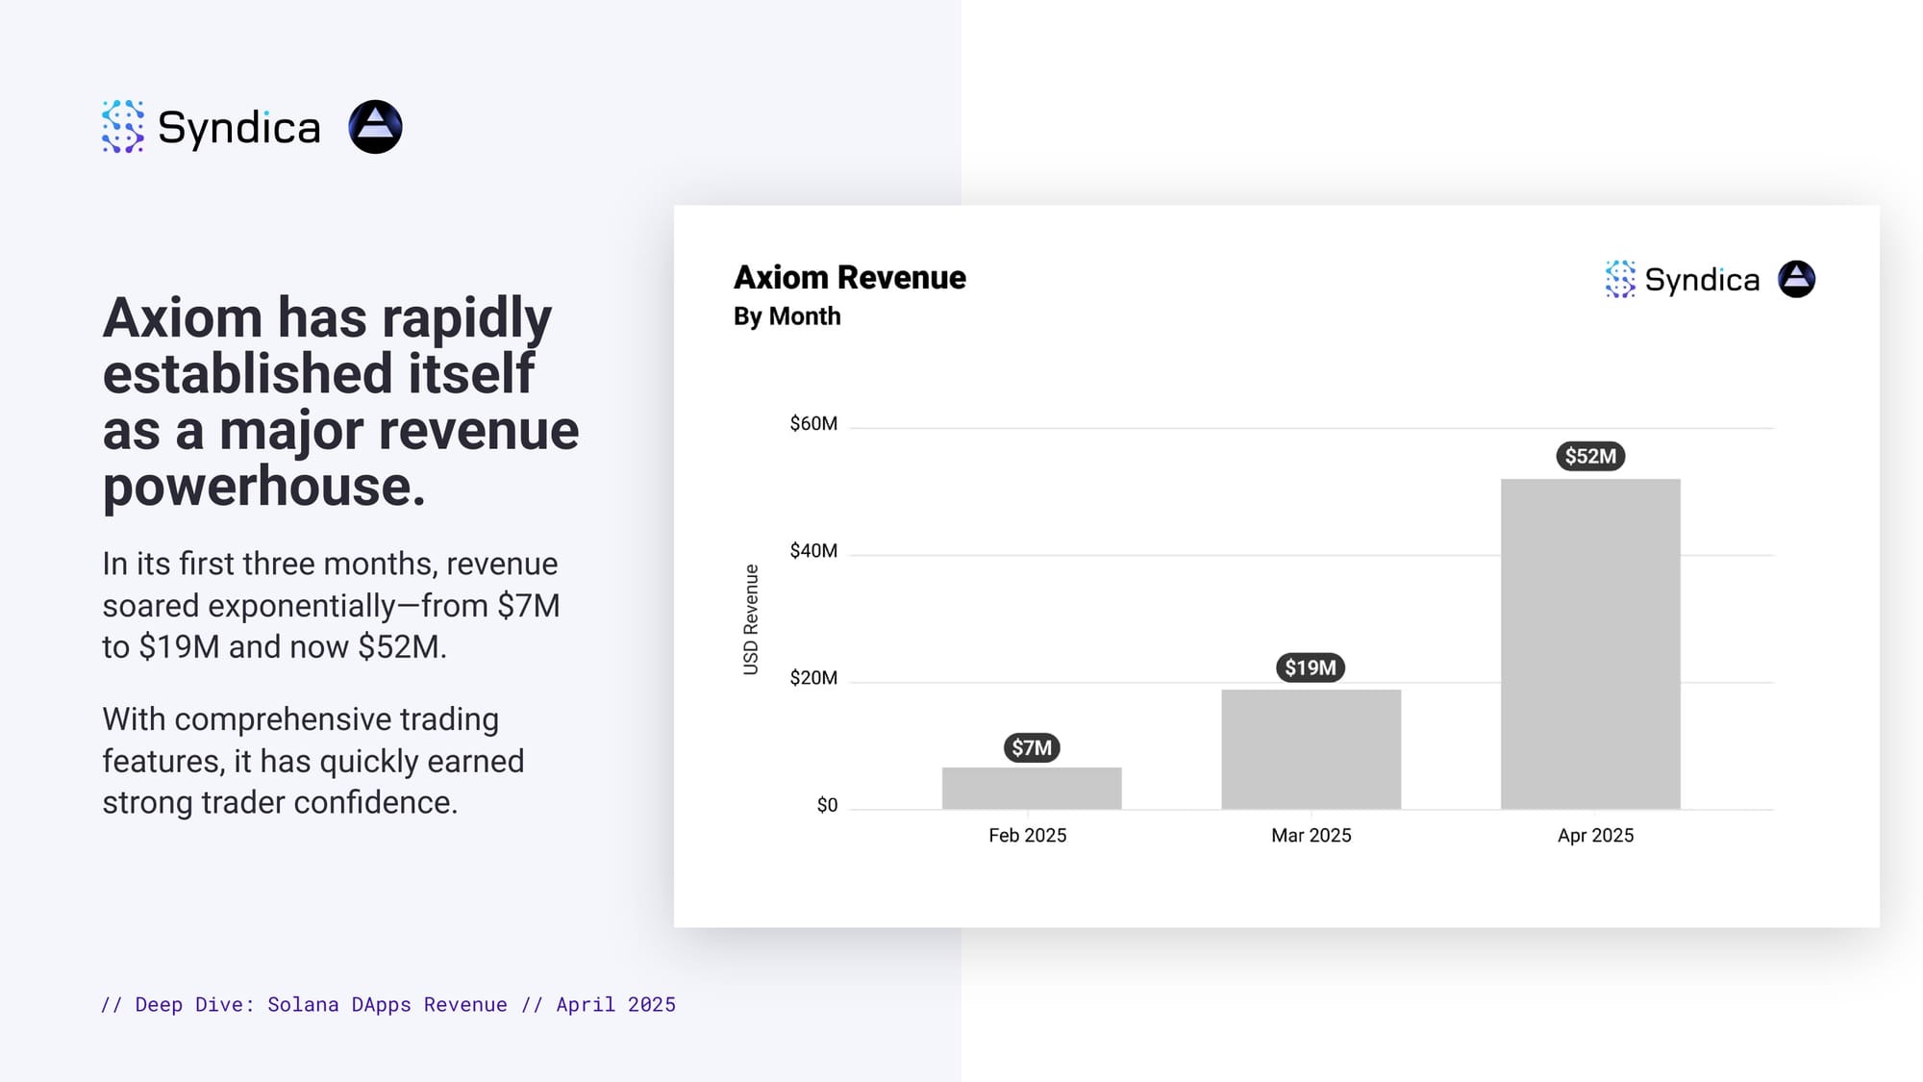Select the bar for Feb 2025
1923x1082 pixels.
point(1031,788)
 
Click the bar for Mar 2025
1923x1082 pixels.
point(1311,749)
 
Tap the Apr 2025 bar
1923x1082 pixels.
point(1590,643)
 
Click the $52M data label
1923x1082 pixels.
point(1590,456)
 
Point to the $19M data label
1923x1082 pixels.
point(1311,667)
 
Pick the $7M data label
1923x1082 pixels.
point(1031,747)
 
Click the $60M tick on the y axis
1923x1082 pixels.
point(813,424)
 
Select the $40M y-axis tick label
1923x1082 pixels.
point(813,551)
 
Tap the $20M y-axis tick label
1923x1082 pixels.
point(813,678)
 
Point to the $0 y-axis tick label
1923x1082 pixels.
point(827,805)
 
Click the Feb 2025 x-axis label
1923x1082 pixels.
point(1027,835)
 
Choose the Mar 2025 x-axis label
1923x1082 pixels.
point(1311,835)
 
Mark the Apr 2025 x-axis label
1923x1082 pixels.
point(1595,835)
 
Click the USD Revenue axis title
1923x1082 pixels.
point(751,619)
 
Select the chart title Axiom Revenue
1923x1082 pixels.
point(849,277)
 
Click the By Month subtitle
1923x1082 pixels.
point(787,316)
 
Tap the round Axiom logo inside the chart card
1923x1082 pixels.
point(1796,279)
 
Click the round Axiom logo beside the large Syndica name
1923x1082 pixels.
point(375,127)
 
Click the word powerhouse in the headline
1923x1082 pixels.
point(263,487)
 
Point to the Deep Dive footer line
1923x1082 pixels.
point(388,1004)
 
